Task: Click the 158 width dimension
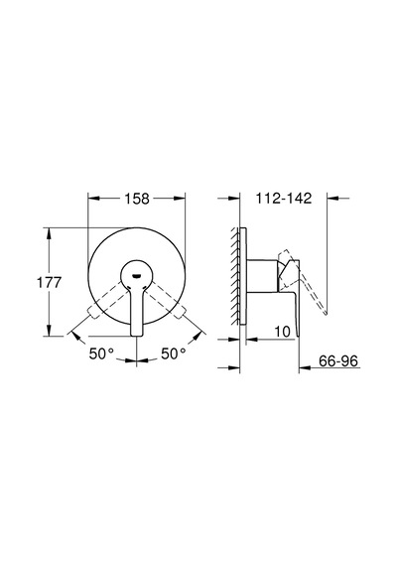tap(137, 199)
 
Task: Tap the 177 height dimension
tap(50, 282)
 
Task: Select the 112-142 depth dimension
tap(283, 199)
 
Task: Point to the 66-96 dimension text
tap(338, 361)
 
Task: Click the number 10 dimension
tap(282, 332)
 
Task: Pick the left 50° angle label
tap(101, 354)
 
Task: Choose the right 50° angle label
tap(174, 354)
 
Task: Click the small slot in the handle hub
tap(137, 276)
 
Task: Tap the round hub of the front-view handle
tap(136, 274)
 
